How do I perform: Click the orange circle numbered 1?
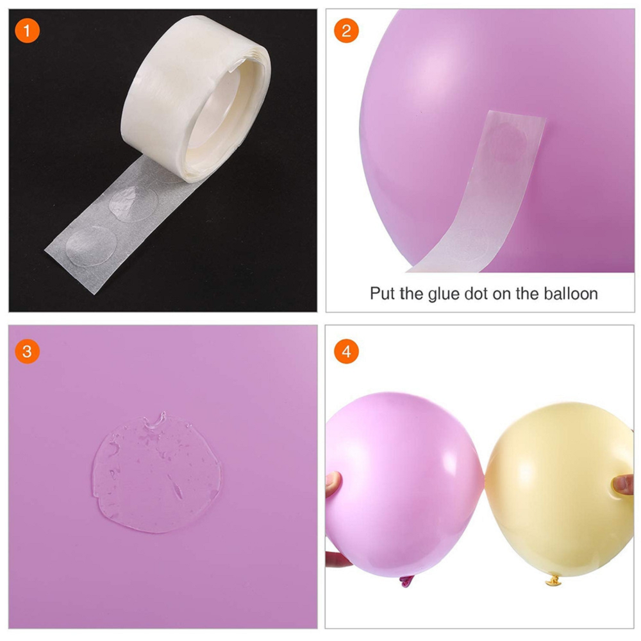[x=27, y=31]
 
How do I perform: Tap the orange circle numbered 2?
[x=346, y=31]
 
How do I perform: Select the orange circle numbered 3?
[x=27, y=351]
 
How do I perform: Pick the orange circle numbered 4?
[x=346, y=351]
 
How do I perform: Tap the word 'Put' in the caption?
[x=383, y=294]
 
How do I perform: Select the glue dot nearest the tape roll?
[x=134, y=203]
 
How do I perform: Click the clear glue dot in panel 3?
[x=156, y=473]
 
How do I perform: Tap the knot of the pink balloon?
[x=406, y=581]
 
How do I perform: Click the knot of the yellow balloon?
[x=554, y=580]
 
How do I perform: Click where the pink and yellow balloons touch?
[x=485, y=476]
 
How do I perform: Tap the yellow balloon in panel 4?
[x=558, y=488]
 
